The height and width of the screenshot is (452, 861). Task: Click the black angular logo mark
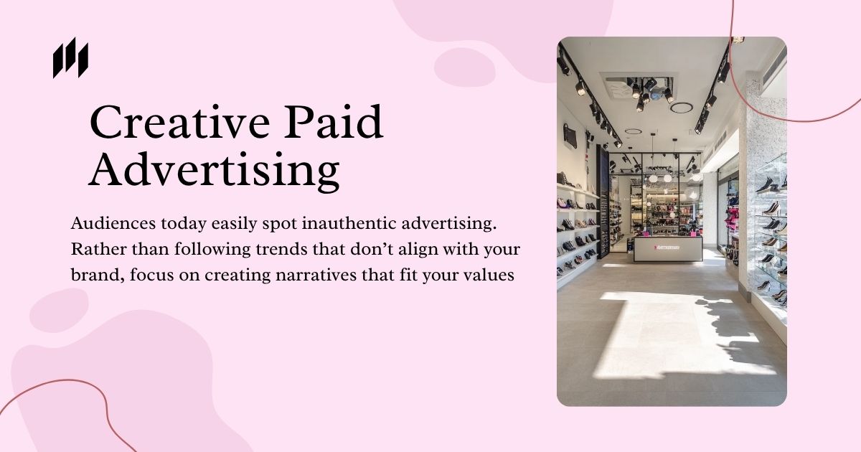point(71,57)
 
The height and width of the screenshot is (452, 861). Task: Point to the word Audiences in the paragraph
point(113,223)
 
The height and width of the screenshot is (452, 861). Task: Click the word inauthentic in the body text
point(349,223)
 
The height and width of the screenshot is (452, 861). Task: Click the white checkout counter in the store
point(668,248)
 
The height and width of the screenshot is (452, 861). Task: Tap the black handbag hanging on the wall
point(570,136)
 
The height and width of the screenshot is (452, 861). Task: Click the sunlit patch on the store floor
point(677,334)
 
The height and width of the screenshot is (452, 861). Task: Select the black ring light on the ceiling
point(682,108)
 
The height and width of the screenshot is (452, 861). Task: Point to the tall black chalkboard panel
point(603,202)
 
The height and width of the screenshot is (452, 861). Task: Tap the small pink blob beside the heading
point(465,67)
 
